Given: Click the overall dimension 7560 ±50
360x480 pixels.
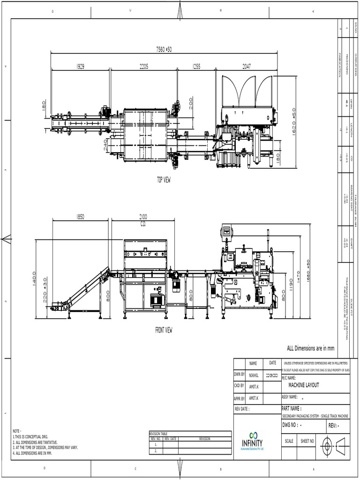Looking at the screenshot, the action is [x=164, y=49].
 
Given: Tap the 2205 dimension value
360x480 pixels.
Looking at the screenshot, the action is [x=143, y=67].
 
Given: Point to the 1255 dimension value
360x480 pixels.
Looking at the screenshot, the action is [x=196, y=67].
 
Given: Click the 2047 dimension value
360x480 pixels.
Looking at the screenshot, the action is [x=247, y=67].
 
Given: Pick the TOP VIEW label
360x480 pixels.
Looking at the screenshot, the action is [x=164, y=180].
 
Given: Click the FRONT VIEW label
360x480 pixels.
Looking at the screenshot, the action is [x=164, y=330].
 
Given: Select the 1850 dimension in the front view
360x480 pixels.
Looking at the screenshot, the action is [x=80, y=217].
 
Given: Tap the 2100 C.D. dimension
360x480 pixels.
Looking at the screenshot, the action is [x=143, y=219].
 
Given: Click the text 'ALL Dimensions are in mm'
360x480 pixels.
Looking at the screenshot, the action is [x=311, y=348].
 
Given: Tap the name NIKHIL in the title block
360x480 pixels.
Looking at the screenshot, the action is [x=253, y=375].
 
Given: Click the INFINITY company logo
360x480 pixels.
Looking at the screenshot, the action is [x=252, y=441].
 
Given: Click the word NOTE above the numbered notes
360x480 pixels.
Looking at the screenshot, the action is [x=17, y=431].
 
